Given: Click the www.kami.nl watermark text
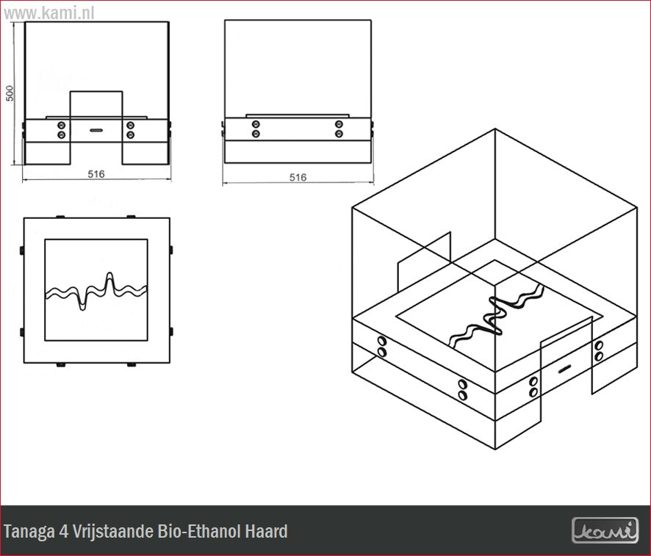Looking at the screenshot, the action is pos(48,13).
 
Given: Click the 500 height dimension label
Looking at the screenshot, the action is pos(10,93).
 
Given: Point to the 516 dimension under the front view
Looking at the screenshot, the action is pos(96,174).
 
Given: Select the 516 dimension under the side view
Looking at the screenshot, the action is pos(298,177).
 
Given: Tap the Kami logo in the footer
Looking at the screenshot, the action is pos(605,531).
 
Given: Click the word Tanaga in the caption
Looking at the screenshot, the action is pos(29,532).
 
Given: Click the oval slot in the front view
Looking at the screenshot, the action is pos(96,130).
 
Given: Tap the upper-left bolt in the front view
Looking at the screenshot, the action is pos(62,125).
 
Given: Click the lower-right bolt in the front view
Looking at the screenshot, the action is pos(130,135).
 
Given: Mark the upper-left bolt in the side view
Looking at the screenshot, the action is pos(256,124).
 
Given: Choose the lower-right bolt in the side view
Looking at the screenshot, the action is pos(339,134).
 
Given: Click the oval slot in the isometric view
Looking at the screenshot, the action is pos(564,369).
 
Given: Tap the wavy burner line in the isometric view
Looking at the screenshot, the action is pos(496,316).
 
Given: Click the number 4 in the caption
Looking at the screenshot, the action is pos(64,531).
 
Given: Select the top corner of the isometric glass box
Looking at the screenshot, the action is pos(495,129).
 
